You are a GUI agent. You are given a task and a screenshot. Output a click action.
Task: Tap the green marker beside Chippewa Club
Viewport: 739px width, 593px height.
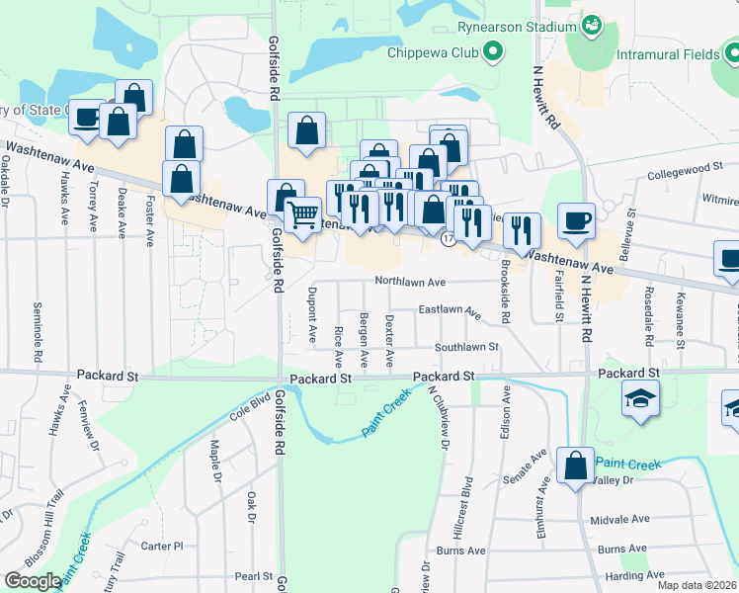(491, 51)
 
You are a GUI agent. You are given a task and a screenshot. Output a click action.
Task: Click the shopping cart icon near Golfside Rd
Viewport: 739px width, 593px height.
(302, 212)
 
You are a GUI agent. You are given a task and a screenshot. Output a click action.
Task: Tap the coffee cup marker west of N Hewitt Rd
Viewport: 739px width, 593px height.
(575, 221)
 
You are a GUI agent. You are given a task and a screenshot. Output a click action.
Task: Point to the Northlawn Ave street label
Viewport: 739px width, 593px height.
(410, 282)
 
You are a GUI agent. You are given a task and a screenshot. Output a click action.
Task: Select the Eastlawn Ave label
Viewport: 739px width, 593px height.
(450, 311)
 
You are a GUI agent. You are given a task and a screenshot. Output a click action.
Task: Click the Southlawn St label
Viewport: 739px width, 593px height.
(466, 347)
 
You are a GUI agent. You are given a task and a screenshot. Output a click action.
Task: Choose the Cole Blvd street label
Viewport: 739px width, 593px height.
(251, 405)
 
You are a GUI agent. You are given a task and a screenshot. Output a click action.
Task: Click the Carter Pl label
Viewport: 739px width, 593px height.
(162, 546)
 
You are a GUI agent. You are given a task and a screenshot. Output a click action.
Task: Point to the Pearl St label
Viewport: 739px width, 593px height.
(253, 576)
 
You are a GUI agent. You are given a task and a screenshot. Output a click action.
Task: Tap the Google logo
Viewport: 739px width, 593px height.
(34, 580)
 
